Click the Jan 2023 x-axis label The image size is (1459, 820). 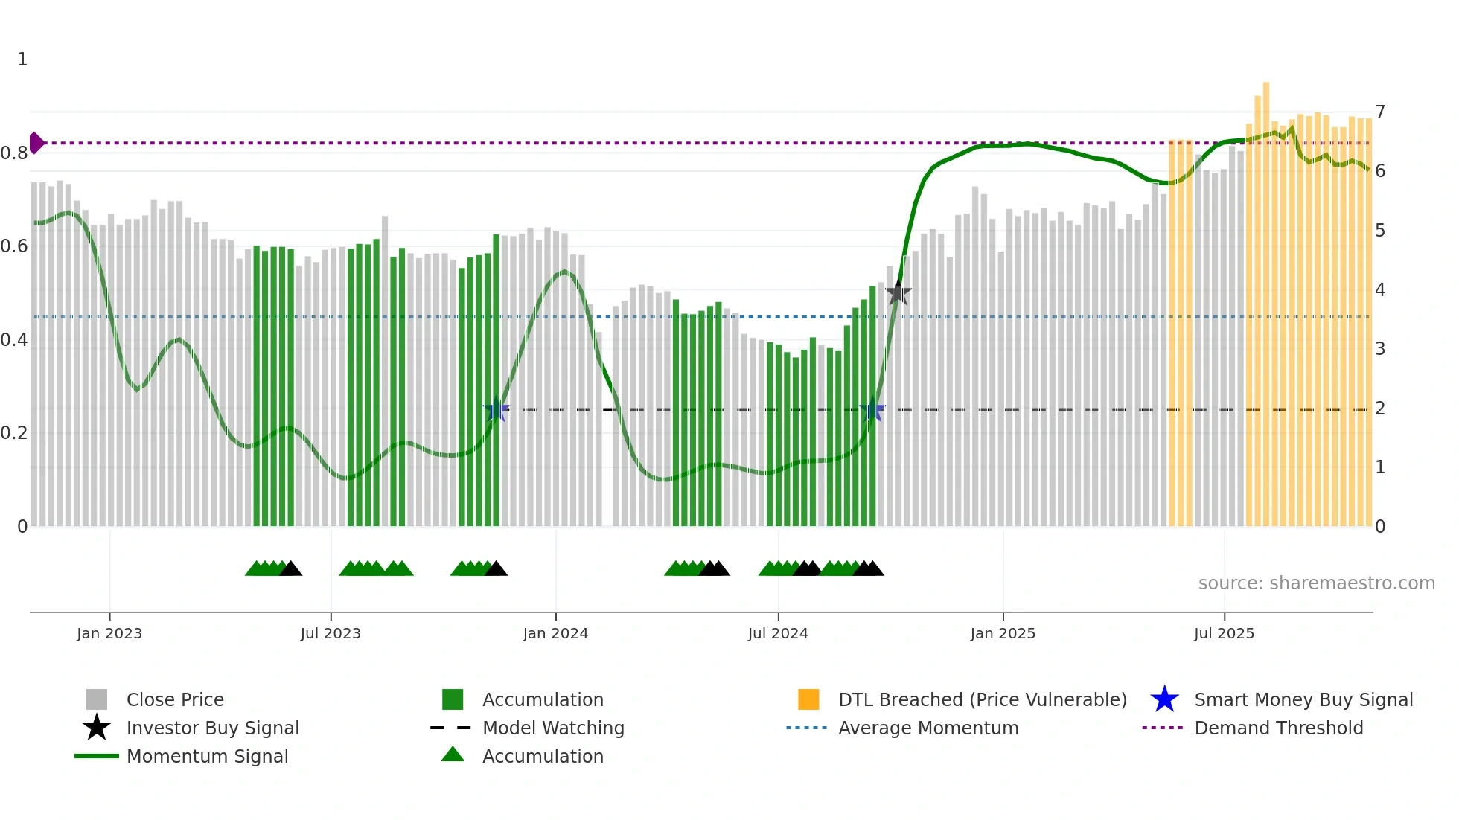click(109, 633)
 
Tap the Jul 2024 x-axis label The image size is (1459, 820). click(778, 633)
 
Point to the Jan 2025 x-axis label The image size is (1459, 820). click(1003, 633)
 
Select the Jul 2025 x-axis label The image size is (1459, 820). click(1224, 633)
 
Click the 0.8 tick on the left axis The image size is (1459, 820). click(14, 153)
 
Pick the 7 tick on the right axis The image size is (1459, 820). click(1380, 112)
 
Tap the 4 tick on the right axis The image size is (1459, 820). click(1380, 290)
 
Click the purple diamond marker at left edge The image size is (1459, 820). click(36, 143)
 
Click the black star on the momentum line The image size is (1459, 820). click(898, 294)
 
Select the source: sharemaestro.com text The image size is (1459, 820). click(1316, 583)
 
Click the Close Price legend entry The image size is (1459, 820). click(175, 699)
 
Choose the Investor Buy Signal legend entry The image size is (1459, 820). click(212, 728)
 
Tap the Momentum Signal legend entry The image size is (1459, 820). click(207, 756)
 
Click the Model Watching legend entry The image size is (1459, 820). click(553, 728)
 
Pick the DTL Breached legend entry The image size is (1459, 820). click(982, 699)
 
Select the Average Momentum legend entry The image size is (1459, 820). click(928, 728)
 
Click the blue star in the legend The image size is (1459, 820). click(1164, 699)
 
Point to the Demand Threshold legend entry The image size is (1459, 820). click(1278, 728)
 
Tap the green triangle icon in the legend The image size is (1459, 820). click(453, 755)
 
